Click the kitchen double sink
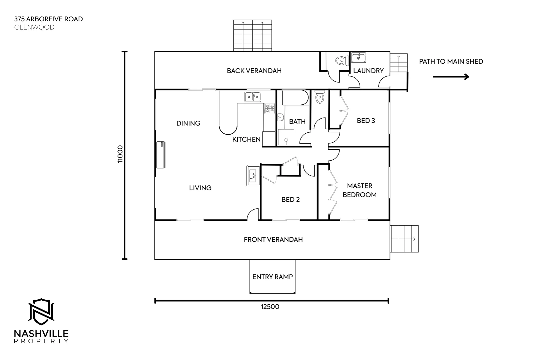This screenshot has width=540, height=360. [253, 97]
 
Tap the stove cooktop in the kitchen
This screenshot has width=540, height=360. [269, 108]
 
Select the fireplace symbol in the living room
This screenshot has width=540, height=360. [253, 175]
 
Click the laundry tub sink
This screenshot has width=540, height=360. [359, 57]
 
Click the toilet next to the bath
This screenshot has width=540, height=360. [320, 97]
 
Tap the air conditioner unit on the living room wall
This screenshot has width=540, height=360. [161, 155]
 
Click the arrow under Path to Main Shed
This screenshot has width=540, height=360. [451, 77]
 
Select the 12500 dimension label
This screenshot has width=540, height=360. [270, 307]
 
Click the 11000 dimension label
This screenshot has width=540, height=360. [120, 154]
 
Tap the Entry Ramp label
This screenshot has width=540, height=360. [273, 277]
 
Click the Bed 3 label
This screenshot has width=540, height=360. [366, 121]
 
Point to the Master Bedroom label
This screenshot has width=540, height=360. [360, 190]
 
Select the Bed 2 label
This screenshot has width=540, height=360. [291, 200]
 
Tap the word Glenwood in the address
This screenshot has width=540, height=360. [34, 27]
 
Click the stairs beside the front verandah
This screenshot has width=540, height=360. [404, 239]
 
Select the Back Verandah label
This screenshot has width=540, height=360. [254, 71]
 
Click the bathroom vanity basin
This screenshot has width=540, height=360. [281, 117]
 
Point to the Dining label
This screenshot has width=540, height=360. [188, 123]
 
